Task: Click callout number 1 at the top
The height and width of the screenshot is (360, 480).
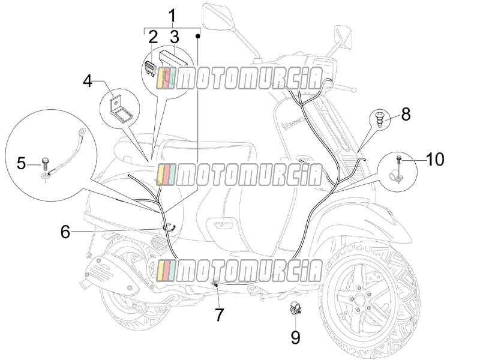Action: coord(173,16)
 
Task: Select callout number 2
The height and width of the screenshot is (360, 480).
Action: coord(153,37)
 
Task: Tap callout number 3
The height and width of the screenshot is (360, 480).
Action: coord(174,37)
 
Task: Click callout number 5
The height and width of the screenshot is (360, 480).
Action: coord(21,163)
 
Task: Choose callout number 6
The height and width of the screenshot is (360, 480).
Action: coord(65,232)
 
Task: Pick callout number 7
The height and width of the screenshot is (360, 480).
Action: coord(219,314)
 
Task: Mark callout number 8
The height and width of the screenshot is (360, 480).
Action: coord(406,114)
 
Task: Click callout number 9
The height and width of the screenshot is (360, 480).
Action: coord(295,337)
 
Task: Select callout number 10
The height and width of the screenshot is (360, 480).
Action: coord(434,159)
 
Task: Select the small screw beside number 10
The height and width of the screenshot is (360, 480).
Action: coord(399,161)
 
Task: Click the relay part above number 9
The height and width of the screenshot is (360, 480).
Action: coord(296,307)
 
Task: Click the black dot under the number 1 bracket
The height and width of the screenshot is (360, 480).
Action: coord(198,36)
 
